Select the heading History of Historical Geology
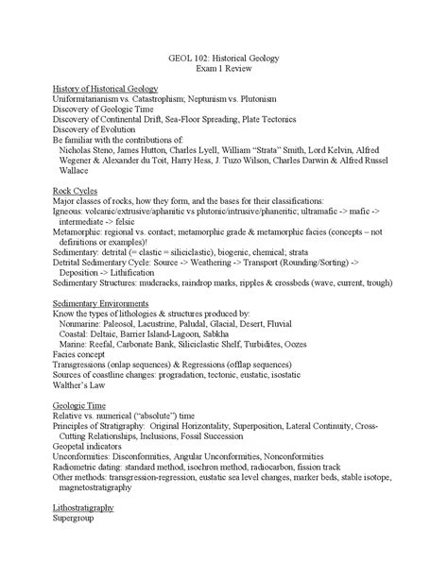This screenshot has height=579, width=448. coord(105,88)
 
